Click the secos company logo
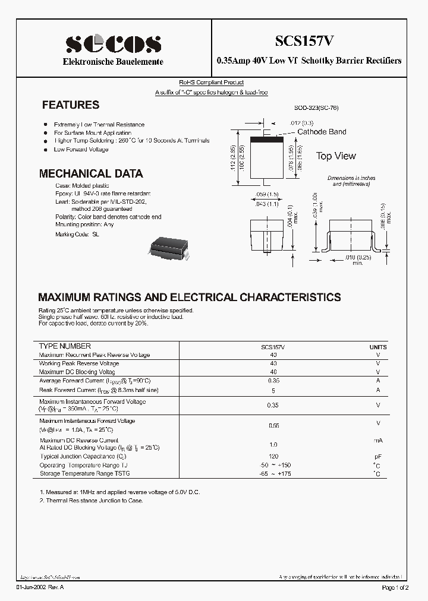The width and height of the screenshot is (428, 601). (x=113, y=44)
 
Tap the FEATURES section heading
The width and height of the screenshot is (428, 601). (x=70, y=105)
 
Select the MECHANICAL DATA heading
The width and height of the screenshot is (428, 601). (x=90, y=174)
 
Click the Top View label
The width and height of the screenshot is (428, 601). (x=336, y=156)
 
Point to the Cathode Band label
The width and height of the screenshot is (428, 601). (x=322, y=132)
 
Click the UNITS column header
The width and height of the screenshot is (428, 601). (x=377, y=347)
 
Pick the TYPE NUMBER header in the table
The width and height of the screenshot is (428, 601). (x=65, y=346)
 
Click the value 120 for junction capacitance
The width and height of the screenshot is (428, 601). (x=273, y=457)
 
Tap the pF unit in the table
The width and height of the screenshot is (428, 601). (x=377, y=457)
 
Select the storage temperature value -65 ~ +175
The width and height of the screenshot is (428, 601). (x=273, y=473)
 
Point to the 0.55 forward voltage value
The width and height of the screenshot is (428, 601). (x=273, y=425)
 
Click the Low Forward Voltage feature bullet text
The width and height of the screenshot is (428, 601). (x=81, y=150)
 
